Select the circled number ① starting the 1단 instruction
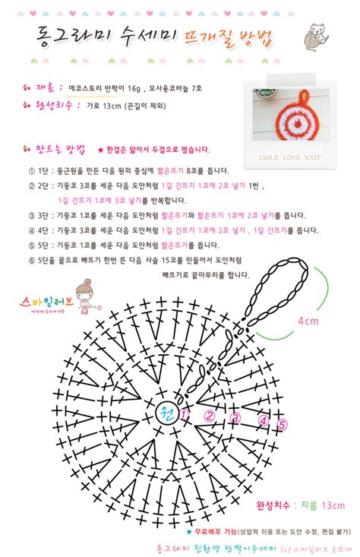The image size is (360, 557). pos(31,171)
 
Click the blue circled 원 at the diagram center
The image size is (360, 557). pos(165,414)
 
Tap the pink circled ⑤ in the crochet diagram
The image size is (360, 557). pos(282,424)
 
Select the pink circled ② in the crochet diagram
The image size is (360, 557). pos(209,416)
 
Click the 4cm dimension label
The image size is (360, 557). pos(308,321)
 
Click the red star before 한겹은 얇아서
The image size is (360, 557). pos(100,150)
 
